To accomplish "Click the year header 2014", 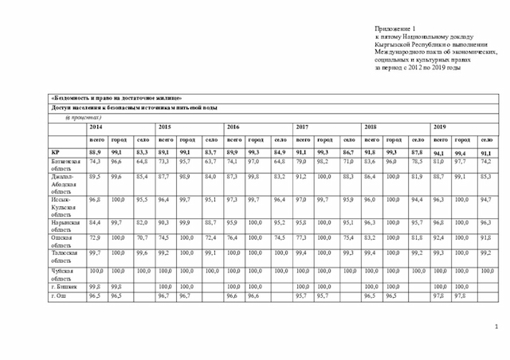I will (96, 127).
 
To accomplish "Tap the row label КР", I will (56, 151).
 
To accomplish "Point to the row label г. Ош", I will (57, 295).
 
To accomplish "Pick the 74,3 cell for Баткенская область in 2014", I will (95, 161).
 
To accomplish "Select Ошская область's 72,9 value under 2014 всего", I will (95, 237).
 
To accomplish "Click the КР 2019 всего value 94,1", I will (439, 151).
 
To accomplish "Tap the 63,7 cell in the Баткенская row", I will (210, 161).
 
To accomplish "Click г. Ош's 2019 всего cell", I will (439, 295).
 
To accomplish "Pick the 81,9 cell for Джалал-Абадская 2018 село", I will (417, 176).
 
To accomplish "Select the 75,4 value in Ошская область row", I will (348, 237).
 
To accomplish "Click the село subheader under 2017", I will (348, 139).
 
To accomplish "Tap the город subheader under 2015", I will (186, 139).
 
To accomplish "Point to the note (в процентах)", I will (82, 117).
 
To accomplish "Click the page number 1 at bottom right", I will (495, 326).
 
